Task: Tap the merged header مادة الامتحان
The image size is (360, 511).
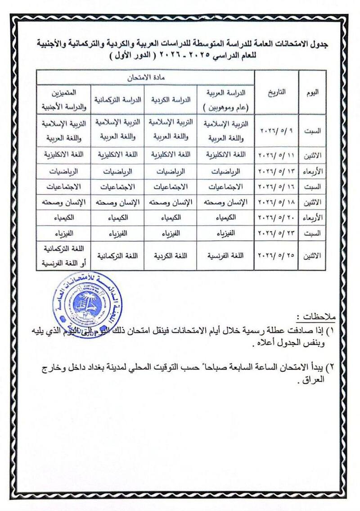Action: pyautogui.click(x=146, y=77)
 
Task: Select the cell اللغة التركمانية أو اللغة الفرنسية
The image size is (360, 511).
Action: pyautogui.click(x=64, y=256)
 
